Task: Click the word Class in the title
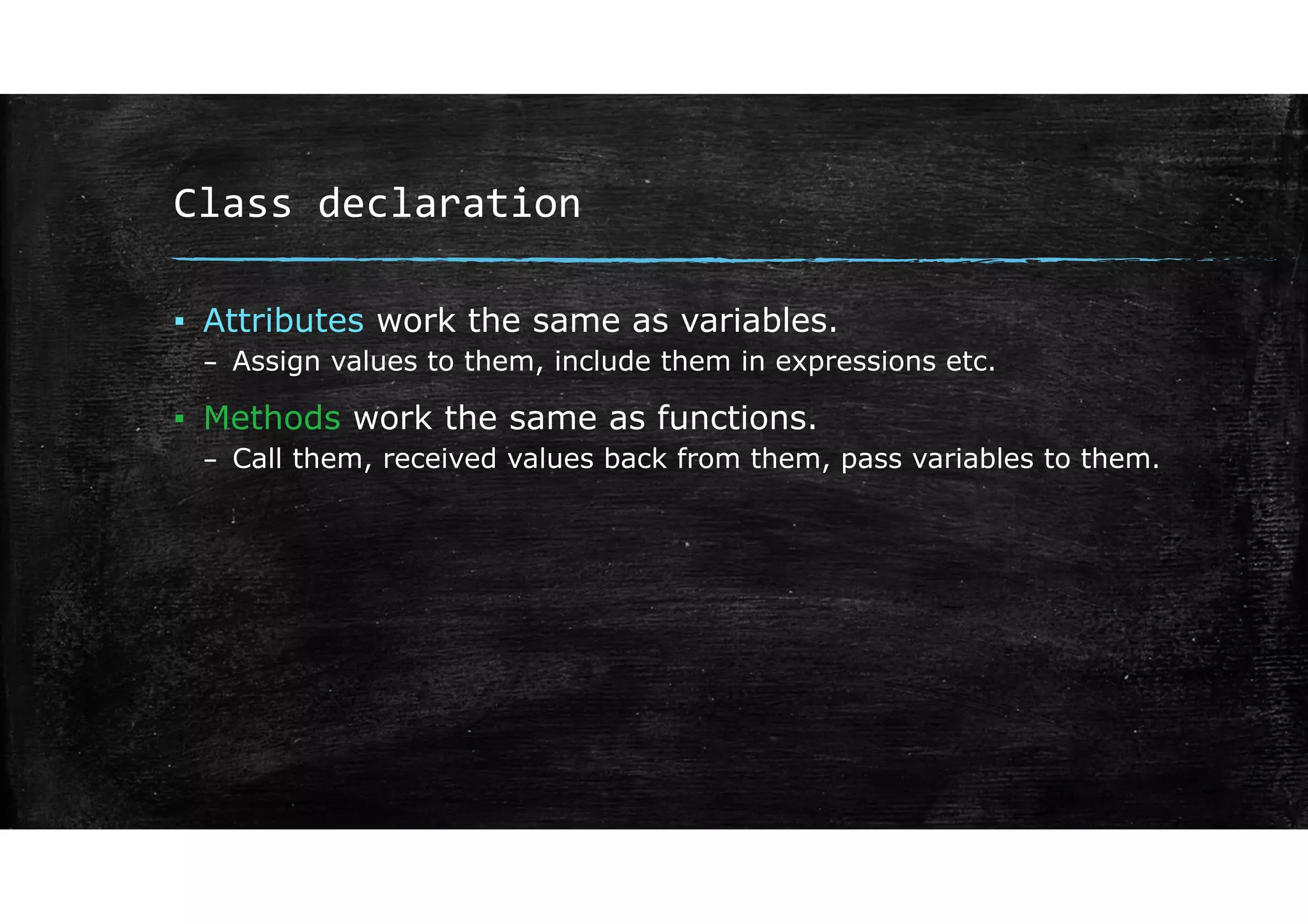232,204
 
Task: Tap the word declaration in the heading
449,204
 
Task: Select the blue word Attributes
284,320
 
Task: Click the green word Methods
272,418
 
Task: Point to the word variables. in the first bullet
759,320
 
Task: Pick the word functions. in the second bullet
737,418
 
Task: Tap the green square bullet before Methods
179,419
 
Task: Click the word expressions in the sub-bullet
855,362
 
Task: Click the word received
439,459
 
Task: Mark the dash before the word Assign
209,364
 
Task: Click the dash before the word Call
209,461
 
